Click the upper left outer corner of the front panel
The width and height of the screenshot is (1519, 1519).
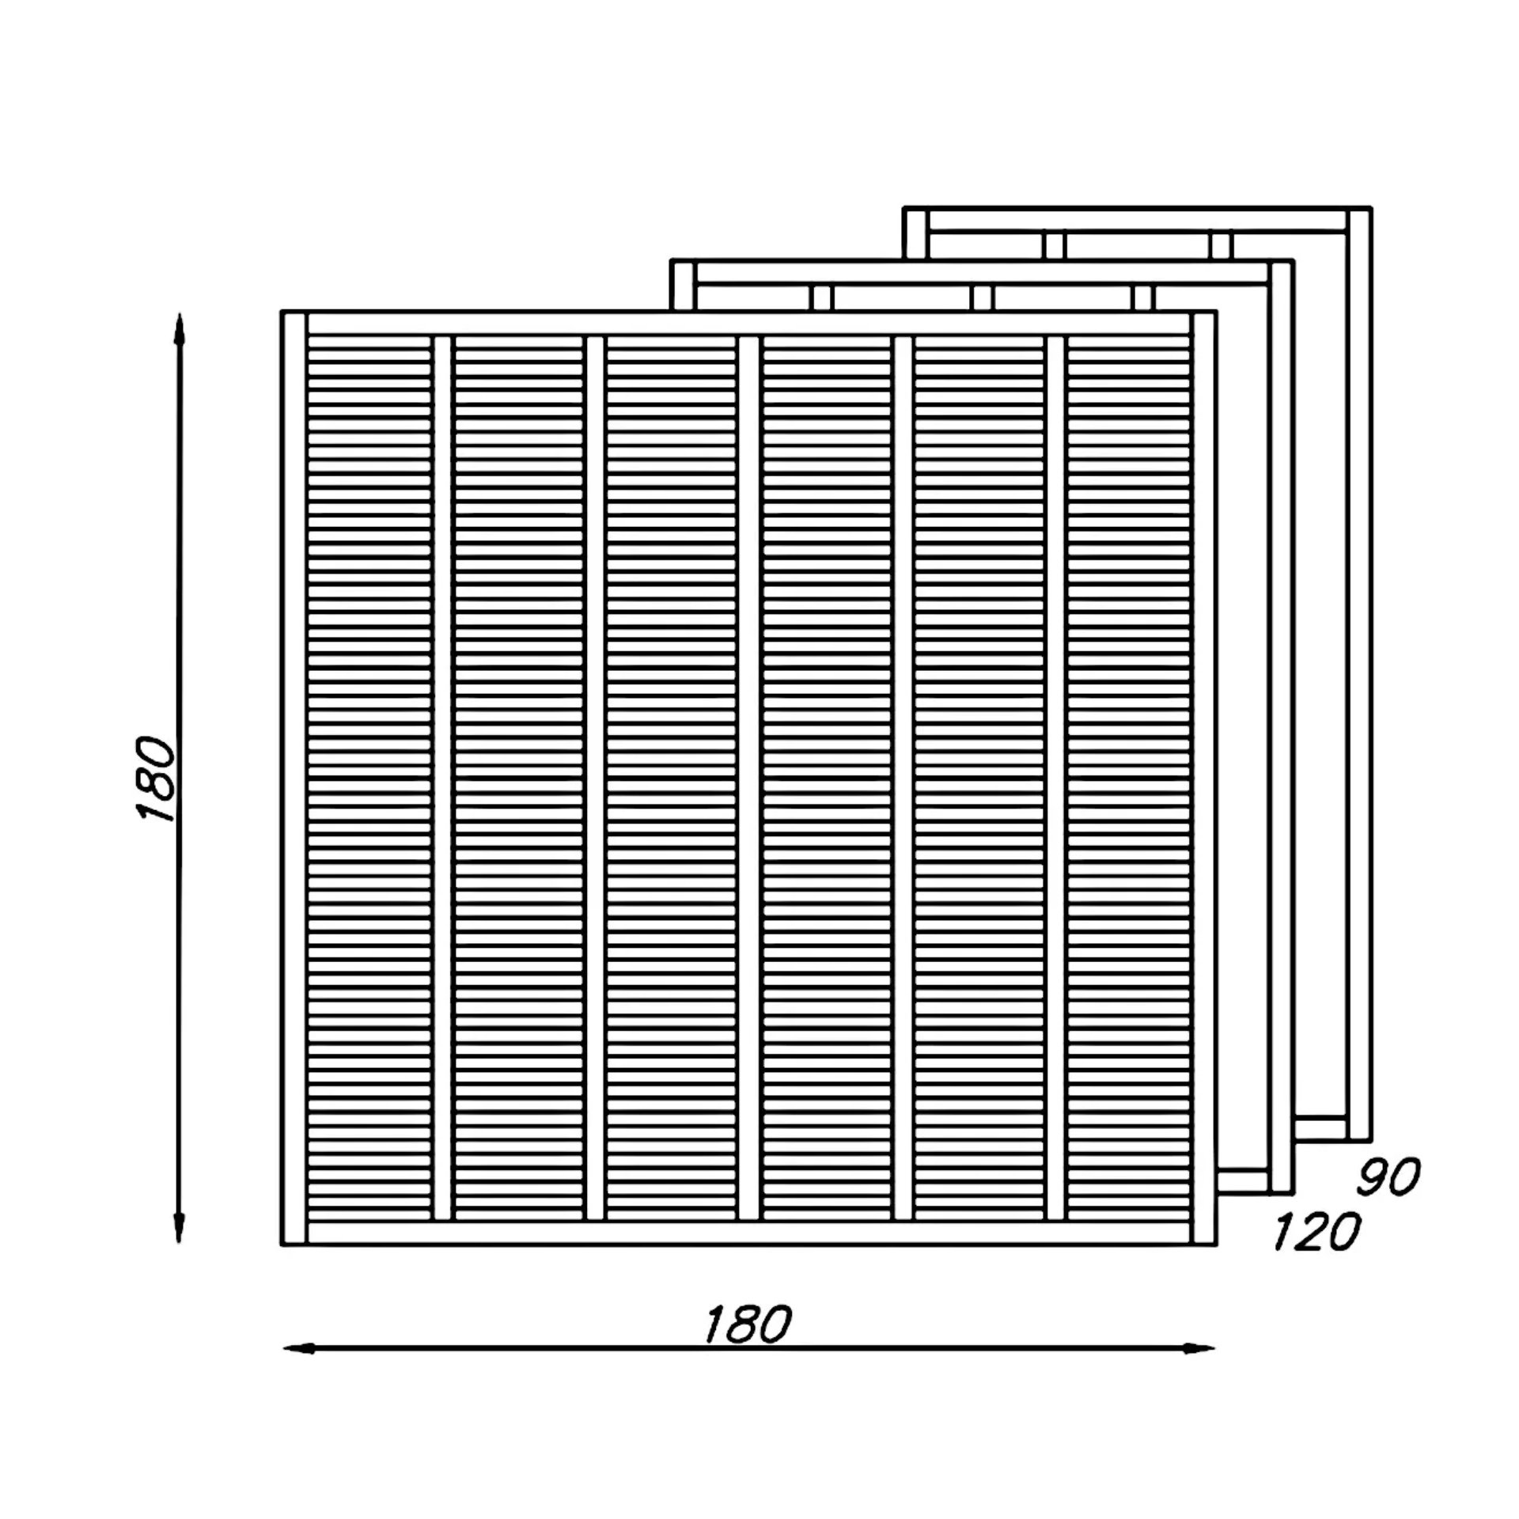coord(282,311)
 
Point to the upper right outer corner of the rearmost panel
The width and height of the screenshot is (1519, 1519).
coord(1371,208)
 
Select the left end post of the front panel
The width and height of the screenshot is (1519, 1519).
coord(294,778)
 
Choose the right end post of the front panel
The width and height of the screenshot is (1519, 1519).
coord(1203,778)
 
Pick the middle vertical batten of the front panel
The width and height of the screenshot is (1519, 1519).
coord(749,778)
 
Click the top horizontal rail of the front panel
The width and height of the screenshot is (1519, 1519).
coord(749,324)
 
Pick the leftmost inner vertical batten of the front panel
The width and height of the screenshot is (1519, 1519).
coord(443,778)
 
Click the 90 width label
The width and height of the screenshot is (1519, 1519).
coord(1388,1176)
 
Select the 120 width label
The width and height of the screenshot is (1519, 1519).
coord(1316,1232)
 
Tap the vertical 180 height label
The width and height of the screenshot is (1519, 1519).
coord(155,780)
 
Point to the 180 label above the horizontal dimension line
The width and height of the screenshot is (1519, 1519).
coord(748,1324)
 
